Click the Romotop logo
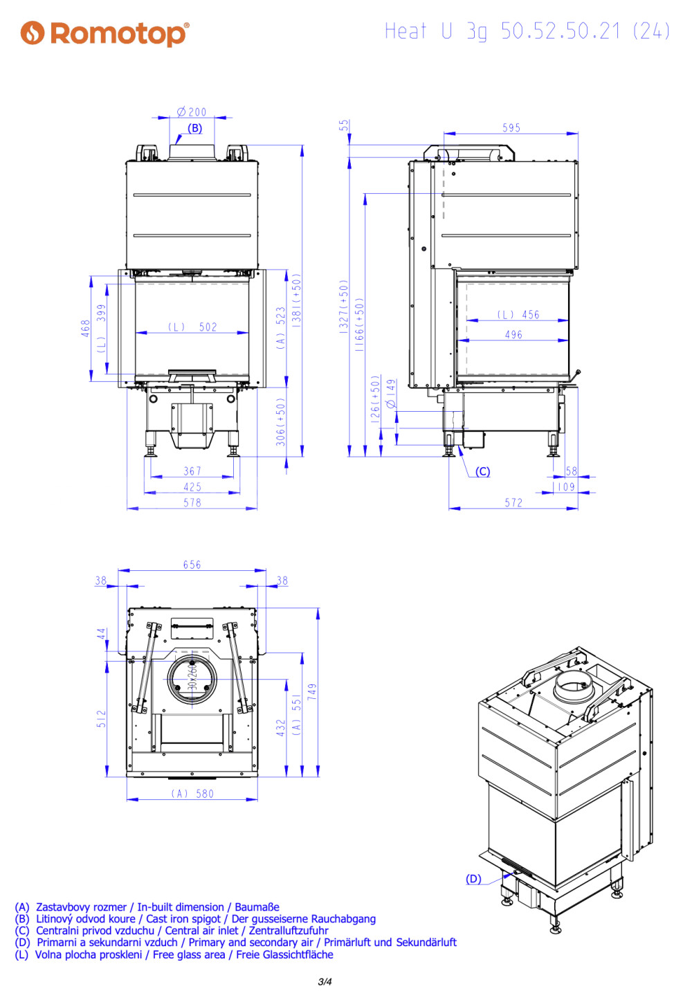[x=105, y=33]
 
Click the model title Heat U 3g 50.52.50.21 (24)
[x=527, y=31]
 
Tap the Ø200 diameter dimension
[x=192, y=112]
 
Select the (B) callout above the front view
[x=194, y=128]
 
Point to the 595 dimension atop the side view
[x=511, y=128]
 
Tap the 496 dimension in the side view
[x=513, y=334]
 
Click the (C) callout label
[x=482, y=471]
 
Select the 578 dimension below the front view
[x=192, y=502]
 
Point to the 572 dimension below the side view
[x=513, y=502]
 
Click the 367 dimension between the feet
[x=192, y=471]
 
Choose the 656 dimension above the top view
[x=192, y=565]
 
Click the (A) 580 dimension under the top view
[x=192, y=794]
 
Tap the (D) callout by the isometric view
[x=473, y=879]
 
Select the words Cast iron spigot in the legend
[x=183, y=919]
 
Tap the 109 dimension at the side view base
[x=566, y=487]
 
